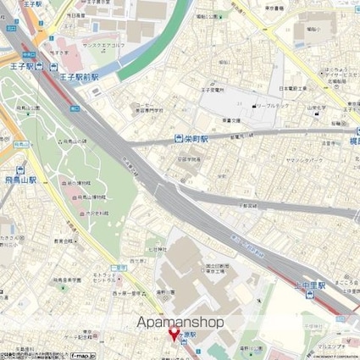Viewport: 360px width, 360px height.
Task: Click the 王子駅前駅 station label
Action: (80, 76)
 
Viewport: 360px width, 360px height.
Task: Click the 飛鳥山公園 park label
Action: (33, 108)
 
